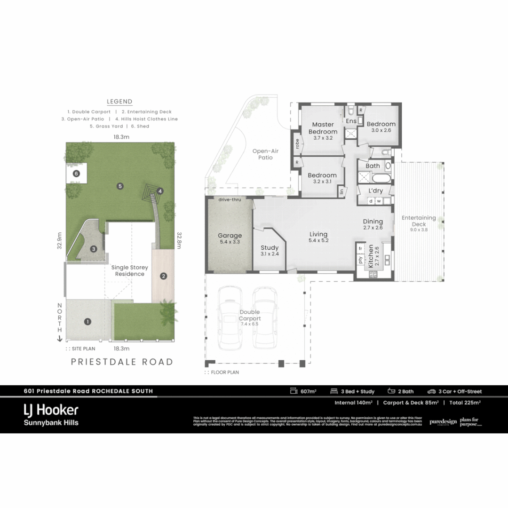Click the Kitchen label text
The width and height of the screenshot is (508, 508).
tap(371, 256)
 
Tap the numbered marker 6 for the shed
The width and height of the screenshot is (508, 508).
tap(76, 174)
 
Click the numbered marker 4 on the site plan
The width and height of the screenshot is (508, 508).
tap(160, 191)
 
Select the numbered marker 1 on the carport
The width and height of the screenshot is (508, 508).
tap(87, 322)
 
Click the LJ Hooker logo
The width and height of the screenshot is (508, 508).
tap(51, 410)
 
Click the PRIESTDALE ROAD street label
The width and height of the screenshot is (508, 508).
tap(122, 362)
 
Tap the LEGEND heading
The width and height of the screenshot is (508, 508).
tap(119, 101)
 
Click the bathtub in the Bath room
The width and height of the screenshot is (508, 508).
tap(380, 178)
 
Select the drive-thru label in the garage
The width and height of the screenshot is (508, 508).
tap(230, 200)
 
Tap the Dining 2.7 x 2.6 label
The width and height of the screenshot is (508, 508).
tap(373, 224)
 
